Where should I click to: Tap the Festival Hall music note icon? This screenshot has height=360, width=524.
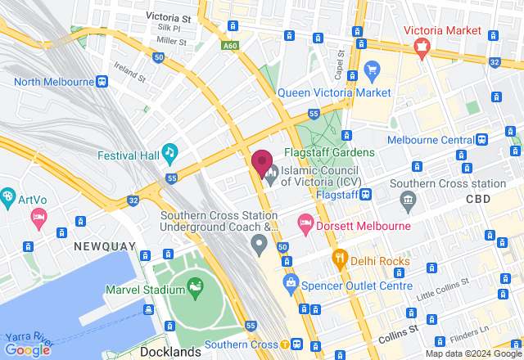pos(169,151)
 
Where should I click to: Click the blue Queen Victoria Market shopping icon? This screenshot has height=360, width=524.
pos(373,69)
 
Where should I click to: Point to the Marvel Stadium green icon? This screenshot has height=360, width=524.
pos(195,286)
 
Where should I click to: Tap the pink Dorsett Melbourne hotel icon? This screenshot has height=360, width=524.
pos(305,223)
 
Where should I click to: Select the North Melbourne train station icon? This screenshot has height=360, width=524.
pos(102,81)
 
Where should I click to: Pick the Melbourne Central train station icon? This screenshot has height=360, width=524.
pos(483,139)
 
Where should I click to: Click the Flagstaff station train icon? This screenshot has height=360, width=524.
pos(366,195)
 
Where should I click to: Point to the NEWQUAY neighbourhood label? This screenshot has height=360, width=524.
pos(102,245)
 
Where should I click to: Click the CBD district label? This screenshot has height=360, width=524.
pos(478,199)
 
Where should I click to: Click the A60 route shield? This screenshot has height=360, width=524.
pos(232,47)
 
